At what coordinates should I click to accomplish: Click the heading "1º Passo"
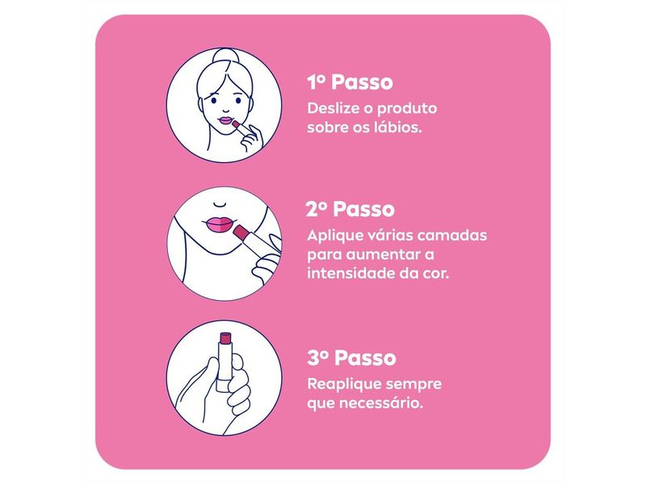[x=350, y=82]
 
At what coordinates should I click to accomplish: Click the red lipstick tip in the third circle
[x=216, y=336]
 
